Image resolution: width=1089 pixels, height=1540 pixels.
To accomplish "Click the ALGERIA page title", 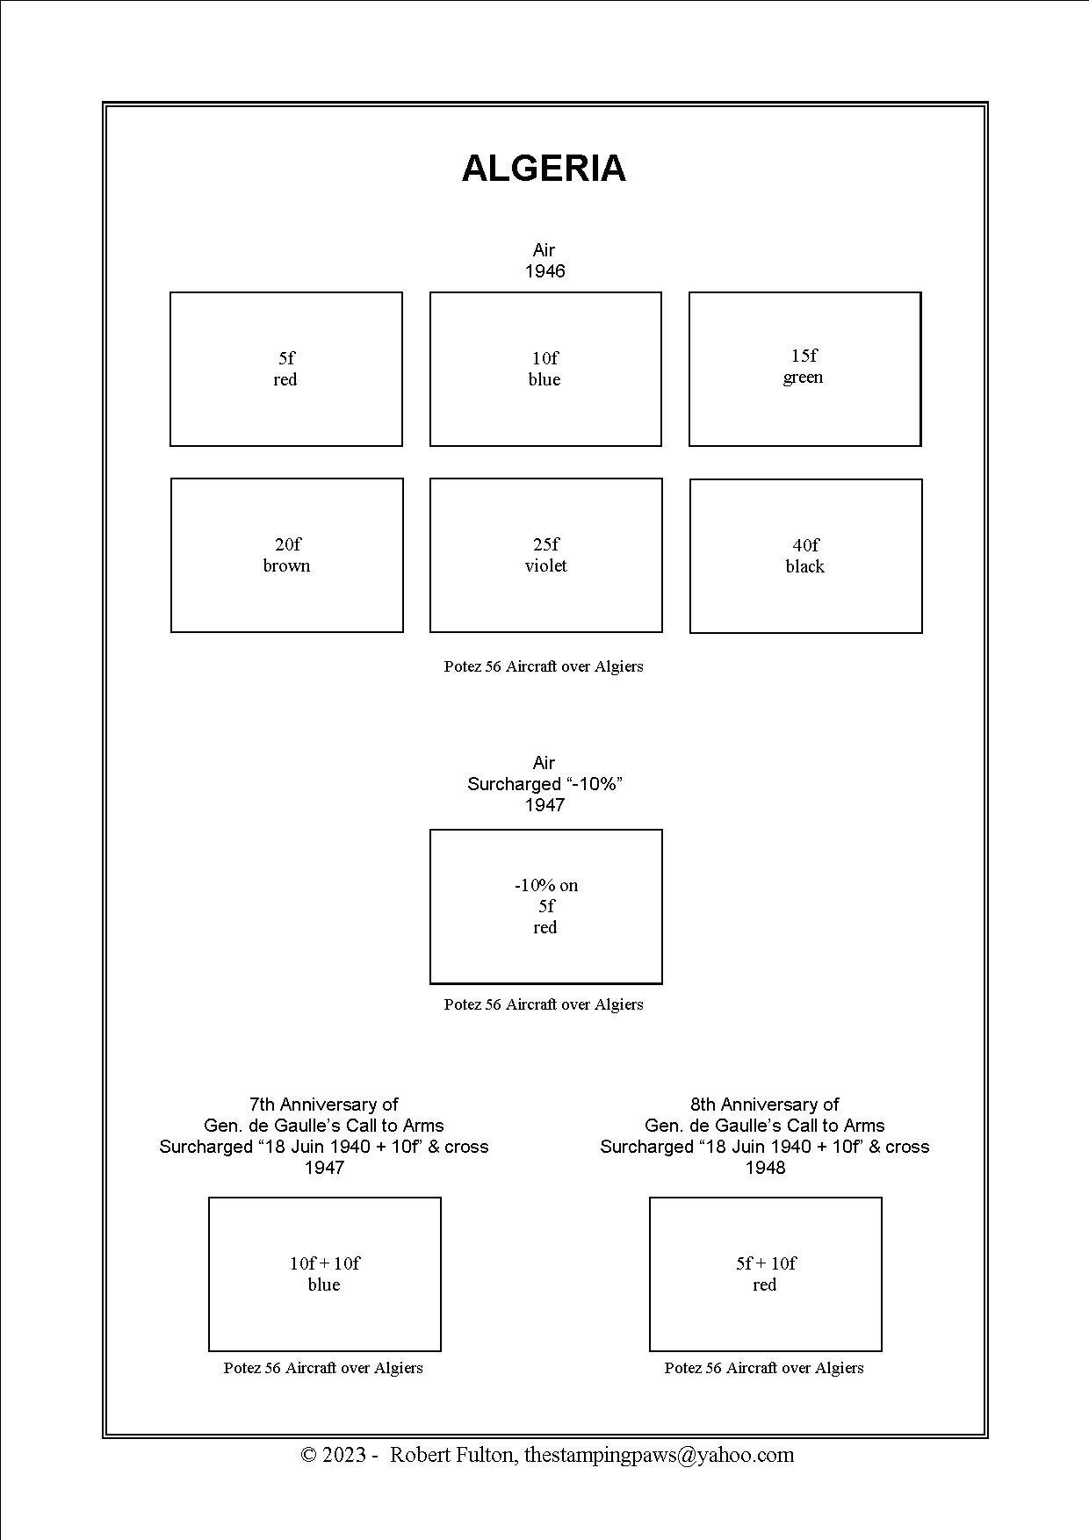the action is (x=544, y=168).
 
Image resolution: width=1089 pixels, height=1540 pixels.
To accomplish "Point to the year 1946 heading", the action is (x=544, y=271).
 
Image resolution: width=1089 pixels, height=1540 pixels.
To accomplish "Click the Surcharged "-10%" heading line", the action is (x=544, y=784).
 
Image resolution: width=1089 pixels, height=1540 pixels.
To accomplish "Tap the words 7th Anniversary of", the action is (x=324, y=1104).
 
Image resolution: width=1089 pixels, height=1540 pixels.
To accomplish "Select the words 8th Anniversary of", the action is (x=765, y=1104).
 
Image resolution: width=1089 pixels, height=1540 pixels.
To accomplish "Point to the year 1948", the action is (x=765, y=1168).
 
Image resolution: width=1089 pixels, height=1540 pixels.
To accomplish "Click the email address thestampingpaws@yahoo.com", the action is (x=660, y=1455).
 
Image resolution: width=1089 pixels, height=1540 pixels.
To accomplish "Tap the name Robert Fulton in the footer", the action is (x=453, y=1455).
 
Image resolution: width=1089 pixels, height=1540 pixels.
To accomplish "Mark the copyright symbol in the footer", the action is (x=309, y=1455).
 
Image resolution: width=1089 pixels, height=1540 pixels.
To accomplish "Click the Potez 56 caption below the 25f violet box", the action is (x=544, y=666).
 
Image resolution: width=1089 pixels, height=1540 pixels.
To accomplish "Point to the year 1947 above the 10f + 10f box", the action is (x=324, y=1168).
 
